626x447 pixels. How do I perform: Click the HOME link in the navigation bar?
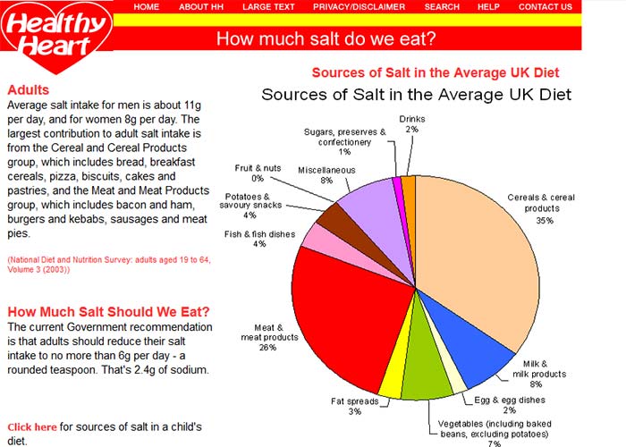point(146,6)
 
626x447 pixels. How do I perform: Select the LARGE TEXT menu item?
point(268,6)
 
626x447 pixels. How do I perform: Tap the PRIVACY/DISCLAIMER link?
point(359,6)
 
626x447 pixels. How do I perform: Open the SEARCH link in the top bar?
point(442,6)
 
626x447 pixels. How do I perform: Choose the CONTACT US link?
point(545,6)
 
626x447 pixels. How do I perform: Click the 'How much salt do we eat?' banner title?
point(326,38)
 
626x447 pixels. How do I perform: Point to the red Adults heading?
point(28,90)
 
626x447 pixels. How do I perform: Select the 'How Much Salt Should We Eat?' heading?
point(108,312)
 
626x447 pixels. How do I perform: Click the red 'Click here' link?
point(32,427)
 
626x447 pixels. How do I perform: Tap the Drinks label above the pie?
point(411,118)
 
